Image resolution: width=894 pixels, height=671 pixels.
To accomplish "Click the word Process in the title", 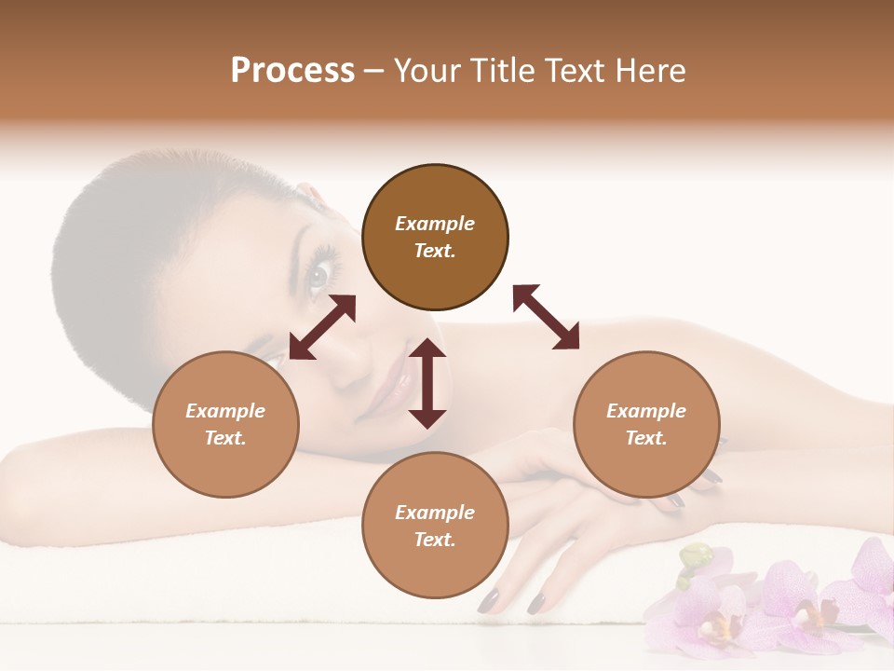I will click(292, 71).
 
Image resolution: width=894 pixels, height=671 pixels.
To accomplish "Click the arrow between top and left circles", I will click(322, 327).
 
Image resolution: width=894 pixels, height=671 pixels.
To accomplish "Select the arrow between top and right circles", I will click(546, 317).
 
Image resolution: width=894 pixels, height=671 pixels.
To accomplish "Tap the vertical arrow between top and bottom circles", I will click(427, 383).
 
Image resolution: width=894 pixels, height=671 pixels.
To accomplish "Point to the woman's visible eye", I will click(318, 275).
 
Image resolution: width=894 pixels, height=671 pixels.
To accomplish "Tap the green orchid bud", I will click(695, 559).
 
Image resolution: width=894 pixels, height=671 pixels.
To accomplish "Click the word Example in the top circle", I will click(435, 224).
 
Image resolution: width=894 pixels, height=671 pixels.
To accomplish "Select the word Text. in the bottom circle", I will click(435, 540).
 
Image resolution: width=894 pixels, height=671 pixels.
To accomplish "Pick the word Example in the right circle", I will click(646, 411).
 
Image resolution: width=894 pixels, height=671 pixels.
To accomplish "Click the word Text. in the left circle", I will click(225, 438).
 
